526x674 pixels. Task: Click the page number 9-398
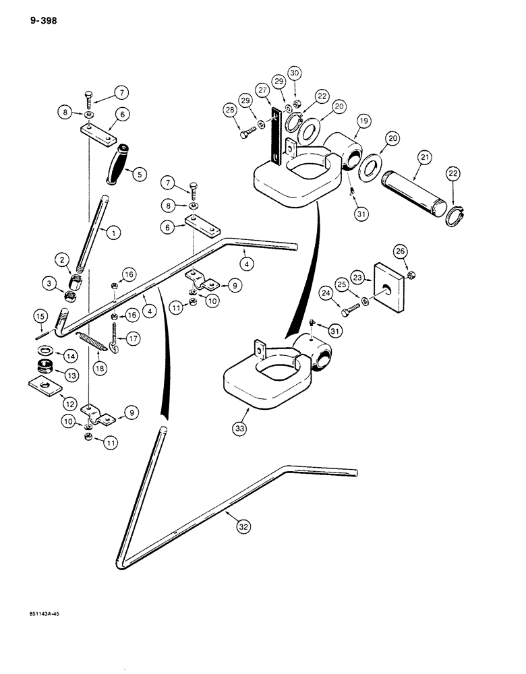tap(43, 21)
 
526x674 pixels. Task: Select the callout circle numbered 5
tap(139, 174)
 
